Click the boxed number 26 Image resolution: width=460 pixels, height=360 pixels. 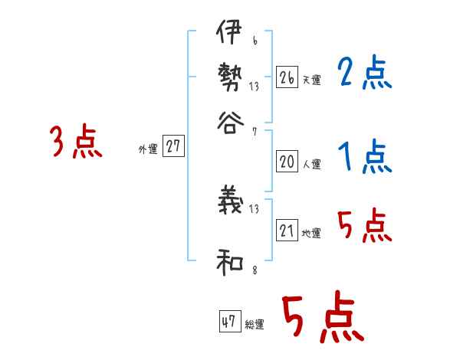click(x=287, y=77)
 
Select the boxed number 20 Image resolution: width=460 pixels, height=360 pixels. click(x=287, y=162)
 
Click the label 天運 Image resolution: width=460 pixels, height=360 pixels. click(x=310, y=80)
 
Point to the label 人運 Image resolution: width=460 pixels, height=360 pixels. click(x=310, y=164)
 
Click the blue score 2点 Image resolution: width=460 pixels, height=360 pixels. click(x=364, y=74)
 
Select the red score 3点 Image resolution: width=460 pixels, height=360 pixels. click(x=76, y=142)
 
